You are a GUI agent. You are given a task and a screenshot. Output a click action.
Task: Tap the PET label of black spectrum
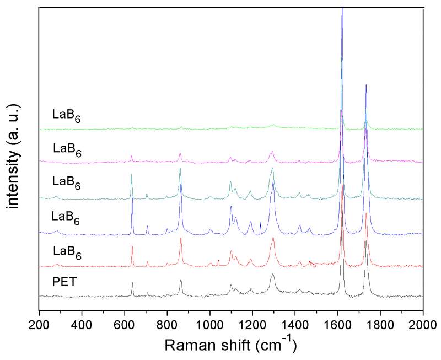[x=64, y=283]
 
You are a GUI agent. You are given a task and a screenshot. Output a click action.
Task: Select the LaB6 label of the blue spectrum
[x=66, y=219]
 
